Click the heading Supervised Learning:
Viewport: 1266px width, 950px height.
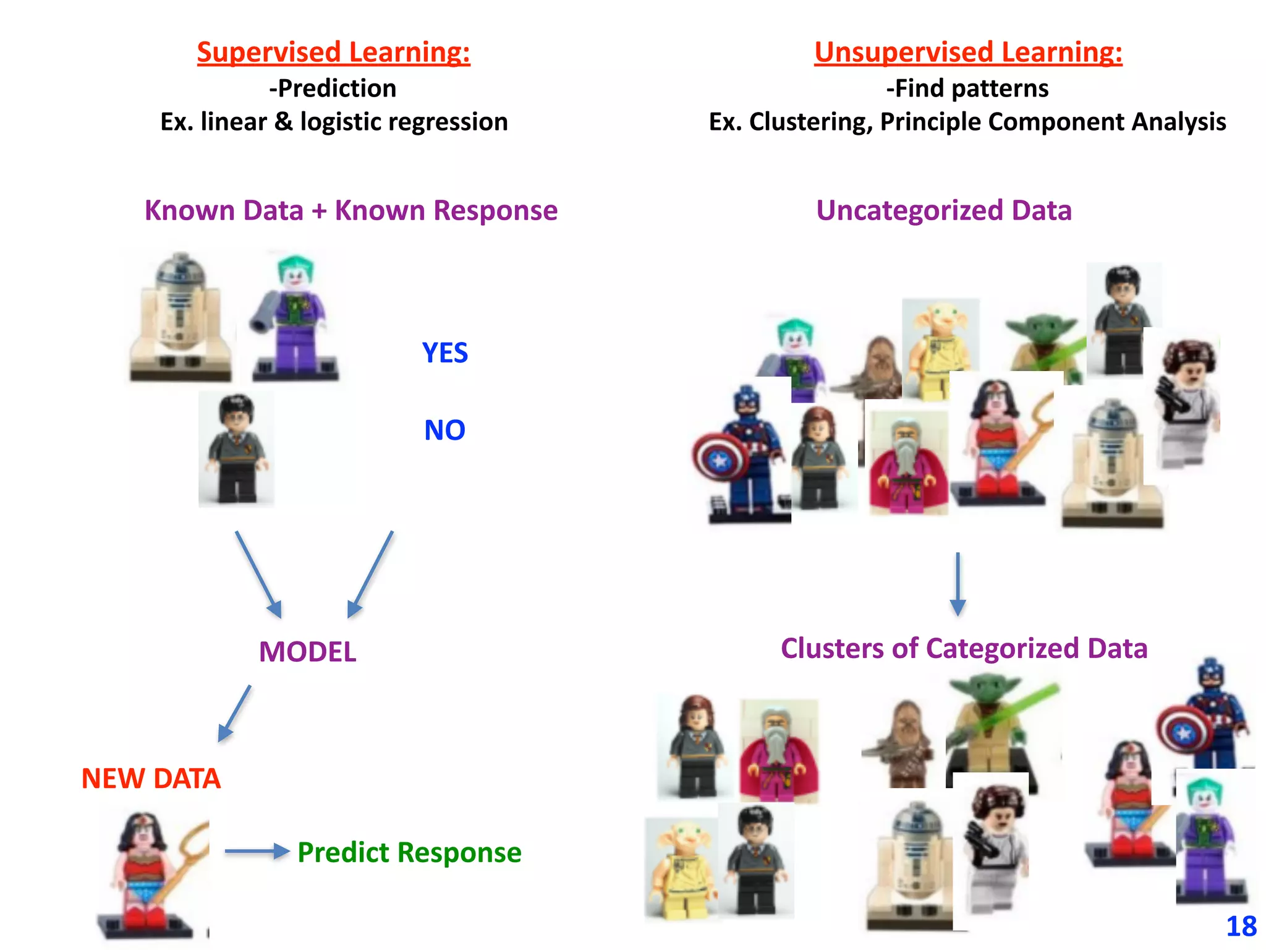click(333, 52)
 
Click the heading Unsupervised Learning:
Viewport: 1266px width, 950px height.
click(967, 52)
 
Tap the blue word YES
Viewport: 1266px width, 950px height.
click(444, 353)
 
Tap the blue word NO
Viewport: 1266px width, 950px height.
click(444, 430)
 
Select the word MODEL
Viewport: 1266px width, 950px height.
click(307, 652)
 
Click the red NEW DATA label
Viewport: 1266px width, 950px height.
click(151, 779)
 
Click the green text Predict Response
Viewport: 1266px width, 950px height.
click(409, 852)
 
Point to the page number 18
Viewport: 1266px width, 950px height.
click(1241, 926)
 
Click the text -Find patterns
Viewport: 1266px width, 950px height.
click(967, 88)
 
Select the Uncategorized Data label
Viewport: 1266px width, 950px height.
click(943, 210)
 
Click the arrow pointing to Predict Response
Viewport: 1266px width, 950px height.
click(257, 852)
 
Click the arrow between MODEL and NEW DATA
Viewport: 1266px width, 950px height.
click(235, 713)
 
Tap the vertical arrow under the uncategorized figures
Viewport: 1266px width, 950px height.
click(958, 584)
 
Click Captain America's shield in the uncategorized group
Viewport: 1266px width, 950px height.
click(718, 458)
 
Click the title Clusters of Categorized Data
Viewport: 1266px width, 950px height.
click(964, 649)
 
